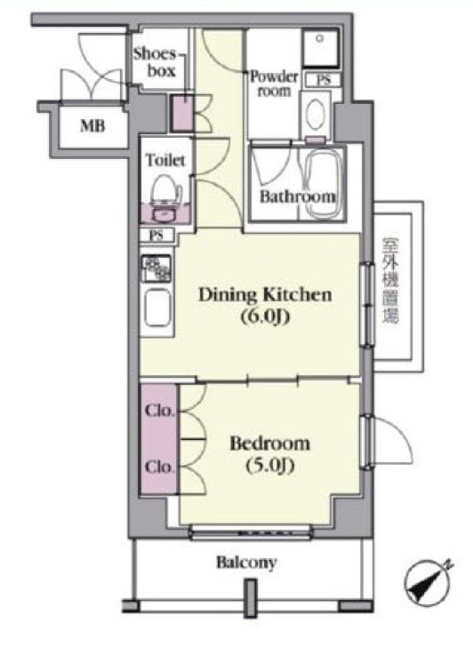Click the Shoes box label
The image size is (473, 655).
[154, 62]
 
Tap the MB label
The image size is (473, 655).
[92, 125]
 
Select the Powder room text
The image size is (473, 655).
[274, 84]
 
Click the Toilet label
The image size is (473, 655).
[165, 160]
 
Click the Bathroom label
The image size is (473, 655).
[297, 196]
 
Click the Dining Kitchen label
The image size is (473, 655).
[265, 295]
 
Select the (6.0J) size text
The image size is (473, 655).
[265, 317]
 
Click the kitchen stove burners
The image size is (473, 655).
[156, 268]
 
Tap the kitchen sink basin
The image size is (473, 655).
[157, 308]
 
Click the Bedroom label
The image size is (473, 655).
[270, 443]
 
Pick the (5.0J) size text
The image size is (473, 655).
[270, 466]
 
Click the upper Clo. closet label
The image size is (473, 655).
[159, 411]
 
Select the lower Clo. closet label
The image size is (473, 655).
[159, 467]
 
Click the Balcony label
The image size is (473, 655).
[246, 563]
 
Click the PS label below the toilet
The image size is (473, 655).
[156, 236]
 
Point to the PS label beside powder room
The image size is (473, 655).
[323, 79]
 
